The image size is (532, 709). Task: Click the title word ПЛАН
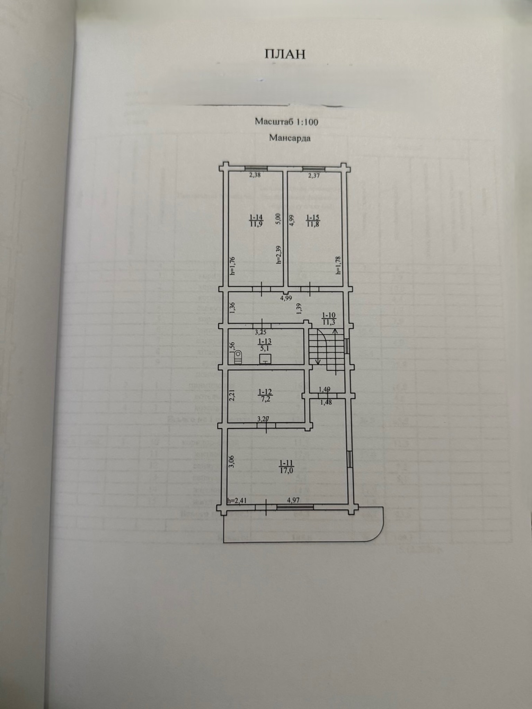(285, 54)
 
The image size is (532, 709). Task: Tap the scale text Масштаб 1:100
(286, 122)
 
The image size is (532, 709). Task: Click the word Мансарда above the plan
(290, 138)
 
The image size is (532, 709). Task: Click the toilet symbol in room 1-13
(238, 357)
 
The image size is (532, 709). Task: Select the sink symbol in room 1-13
(265, 359)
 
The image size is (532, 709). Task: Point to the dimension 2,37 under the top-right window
(313, 176)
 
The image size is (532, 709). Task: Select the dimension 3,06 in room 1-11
(232, 462)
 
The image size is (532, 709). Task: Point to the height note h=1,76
(232, 266)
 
